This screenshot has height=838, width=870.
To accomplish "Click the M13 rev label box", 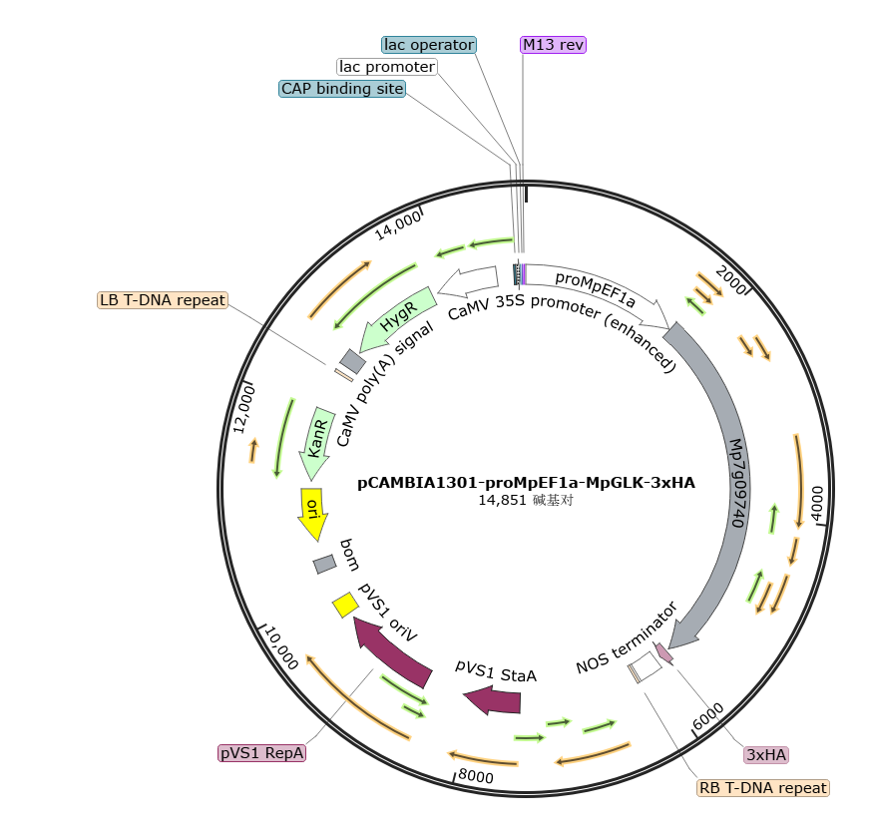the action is (x=553, y=45).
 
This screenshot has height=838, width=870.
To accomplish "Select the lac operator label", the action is (x=429, y=45).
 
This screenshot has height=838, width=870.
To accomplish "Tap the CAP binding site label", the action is (x=342, y=88).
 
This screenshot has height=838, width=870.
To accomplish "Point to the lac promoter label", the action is (x=387, y=67).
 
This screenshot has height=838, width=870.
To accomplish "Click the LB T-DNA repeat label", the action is (x=163, y=300).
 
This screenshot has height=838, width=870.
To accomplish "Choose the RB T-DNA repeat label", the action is (x=763, y=788).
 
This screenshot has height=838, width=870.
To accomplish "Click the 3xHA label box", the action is (x=766, y=755).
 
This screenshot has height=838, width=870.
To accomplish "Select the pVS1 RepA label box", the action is (x=261, y=753).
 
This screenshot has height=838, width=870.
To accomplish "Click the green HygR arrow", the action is (x=397, y=318).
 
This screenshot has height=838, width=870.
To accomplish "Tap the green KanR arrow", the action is (x=315, y=442).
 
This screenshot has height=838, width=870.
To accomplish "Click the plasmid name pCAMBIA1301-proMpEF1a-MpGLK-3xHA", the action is (x=526, y=483).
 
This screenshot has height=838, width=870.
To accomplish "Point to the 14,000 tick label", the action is (x=398, y=224).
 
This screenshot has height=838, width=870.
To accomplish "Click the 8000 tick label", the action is (x=476, y=776).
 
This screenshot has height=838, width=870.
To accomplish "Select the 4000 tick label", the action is (x=817, y=504).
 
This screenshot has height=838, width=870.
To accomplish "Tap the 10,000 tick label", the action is (x=282, y=647).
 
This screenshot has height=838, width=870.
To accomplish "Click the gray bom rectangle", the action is (x=324, y=565).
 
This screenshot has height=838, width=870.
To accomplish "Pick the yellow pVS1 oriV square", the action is (x=345, y=605).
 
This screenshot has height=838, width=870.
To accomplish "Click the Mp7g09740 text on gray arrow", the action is (x=738, y=483).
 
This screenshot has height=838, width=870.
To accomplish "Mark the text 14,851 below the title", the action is (x=502, y=500).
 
